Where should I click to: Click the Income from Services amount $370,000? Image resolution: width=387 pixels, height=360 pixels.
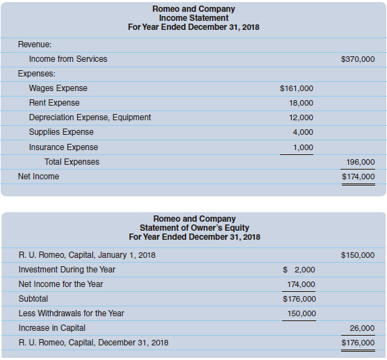coord(358,59)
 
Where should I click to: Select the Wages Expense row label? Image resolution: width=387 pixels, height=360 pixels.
coord(58,88)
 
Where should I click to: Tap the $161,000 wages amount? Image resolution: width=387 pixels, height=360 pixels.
coord(296,89)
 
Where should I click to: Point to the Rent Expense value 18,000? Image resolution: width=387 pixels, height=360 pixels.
coord(300,103)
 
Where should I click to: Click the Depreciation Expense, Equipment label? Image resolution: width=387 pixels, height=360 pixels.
coord(90,117)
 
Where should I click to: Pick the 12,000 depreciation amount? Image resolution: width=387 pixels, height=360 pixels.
coord(300,118)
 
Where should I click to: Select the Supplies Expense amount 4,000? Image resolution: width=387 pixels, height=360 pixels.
coord(302,132)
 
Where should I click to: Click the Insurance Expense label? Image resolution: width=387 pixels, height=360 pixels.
coord(63,147)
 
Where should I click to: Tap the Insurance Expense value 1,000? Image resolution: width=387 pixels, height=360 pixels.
coord(302,147)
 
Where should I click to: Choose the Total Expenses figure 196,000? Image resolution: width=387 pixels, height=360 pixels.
coord(360,162)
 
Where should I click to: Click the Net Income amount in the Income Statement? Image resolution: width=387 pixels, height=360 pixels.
coord(358,177)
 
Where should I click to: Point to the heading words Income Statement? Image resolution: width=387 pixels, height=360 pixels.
coord(193,18)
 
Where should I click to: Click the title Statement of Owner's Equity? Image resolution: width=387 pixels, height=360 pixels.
coord(194,228)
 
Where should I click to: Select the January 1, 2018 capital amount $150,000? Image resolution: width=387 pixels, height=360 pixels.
coord(358,255)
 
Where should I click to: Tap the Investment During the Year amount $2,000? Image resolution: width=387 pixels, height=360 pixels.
coord(299,270)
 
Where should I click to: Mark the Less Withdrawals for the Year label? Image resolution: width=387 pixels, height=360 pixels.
coord(71,313)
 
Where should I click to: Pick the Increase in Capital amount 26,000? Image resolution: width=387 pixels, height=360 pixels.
coord(362,328)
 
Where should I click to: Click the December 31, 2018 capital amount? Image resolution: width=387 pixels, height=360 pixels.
coord(358,343)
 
